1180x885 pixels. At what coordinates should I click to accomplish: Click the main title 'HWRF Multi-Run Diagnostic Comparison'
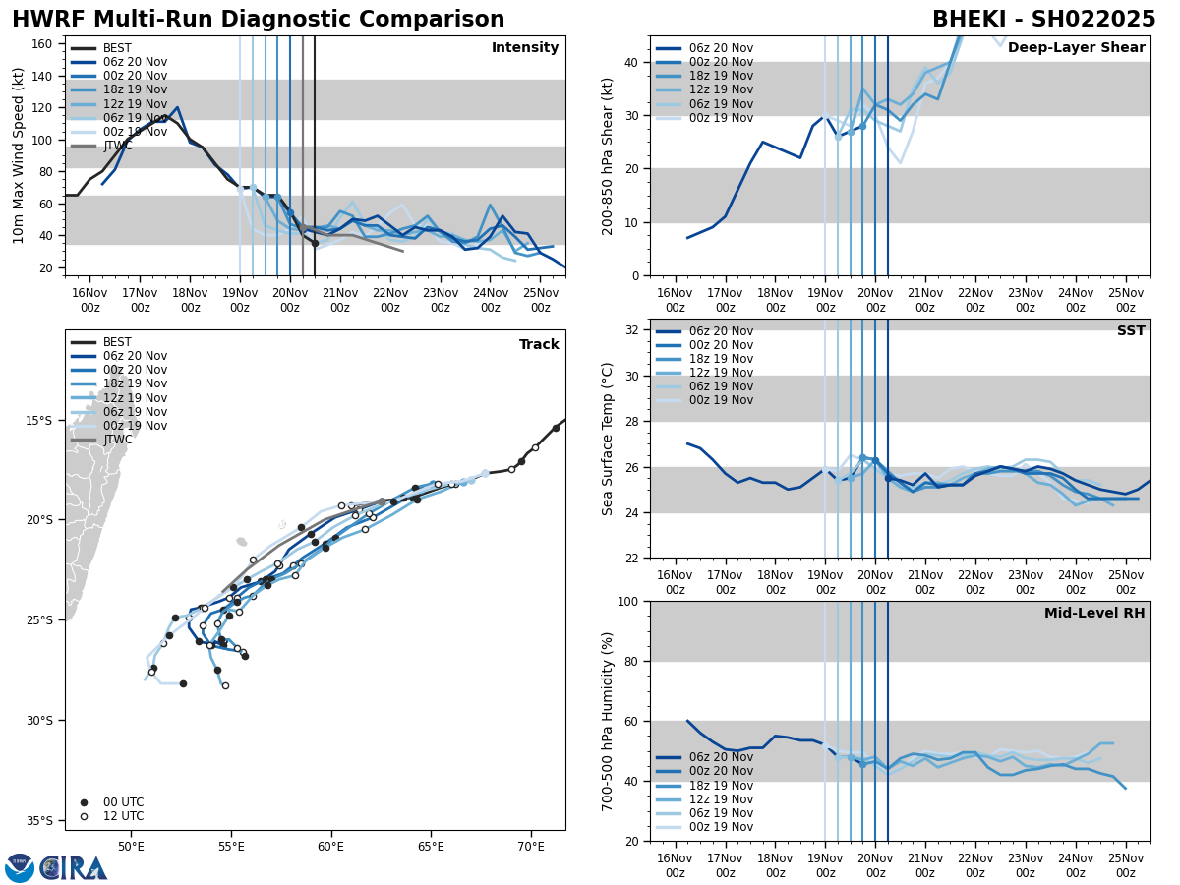(x=258, y=20)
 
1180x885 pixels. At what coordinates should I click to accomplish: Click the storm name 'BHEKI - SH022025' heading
(x=1043, y=20)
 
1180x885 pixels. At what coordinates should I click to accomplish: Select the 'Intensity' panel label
(x=524, y=48)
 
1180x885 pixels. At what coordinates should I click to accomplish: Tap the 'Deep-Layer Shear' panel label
(x=1076, y=48)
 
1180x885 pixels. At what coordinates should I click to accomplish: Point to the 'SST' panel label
(x=1130, y=332)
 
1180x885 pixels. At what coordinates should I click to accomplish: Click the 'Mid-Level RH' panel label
(x=1093, y=614)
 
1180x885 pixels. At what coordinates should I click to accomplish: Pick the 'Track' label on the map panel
(x=539, y=345)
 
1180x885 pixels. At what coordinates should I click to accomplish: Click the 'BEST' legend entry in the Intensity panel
(x=117, y=48)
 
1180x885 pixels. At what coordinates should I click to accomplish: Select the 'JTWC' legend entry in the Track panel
(x=117, y=440)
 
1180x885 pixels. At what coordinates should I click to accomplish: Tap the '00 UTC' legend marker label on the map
(x=123, y=802)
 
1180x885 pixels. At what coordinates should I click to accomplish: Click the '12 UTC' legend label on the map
(x=123, y=816)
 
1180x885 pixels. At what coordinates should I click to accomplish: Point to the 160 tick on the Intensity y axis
(x=44, y=44)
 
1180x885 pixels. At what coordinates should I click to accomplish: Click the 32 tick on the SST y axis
(x=633, y=330)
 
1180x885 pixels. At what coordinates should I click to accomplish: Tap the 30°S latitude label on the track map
(x=40, y=721)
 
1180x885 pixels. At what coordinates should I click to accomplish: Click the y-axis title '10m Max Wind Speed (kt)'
(x=19, y=155)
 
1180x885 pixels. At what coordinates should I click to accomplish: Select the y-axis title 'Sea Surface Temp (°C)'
(x=608, y=439)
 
